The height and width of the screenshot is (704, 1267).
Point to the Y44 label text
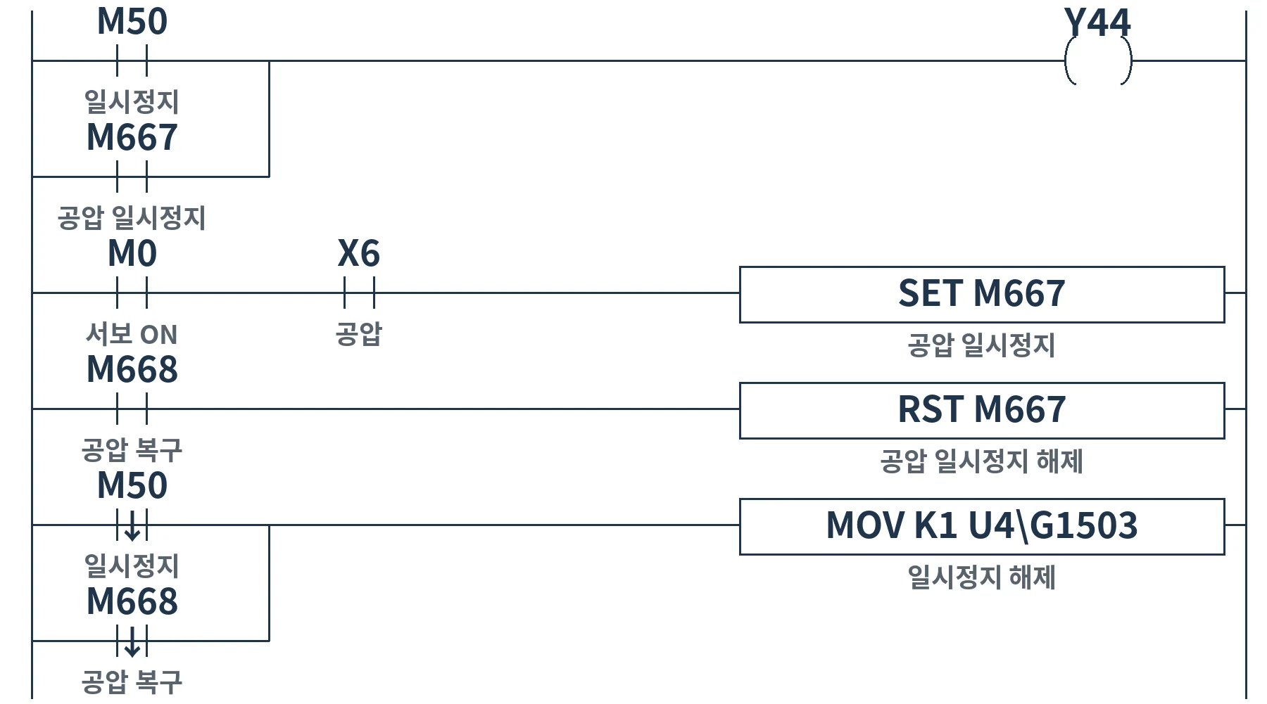1097,23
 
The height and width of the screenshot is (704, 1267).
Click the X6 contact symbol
359,293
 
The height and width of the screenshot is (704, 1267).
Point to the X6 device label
359,253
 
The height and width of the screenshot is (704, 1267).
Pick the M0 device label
132,253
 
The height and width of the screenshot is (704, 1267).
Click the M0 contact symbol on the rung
132,293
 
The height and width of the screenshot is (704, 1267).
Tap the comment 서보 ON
132,334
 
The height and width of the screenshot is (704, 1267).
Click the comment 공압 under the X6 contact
359,333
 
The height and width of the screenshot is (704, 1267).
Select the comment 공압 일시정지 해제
982,461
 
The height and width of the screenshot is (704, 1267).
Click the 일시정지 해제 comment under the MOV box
982,577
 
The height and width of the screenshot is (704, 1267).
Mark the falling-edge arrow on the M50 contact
132,525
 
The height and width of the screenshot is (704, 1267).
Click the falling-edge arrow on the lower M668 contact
132,641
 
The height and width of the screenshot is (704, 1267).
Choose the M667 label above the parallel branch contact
132,137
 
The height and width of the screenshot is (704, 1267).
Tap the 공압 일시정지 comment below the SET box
982,345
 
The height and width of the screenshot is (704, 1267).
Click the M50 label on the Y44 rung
132,21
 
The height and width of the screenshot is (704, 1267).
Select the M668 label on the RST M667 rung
132,369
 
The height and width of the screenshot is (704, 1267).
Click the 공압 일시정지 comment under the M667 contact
132,218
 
